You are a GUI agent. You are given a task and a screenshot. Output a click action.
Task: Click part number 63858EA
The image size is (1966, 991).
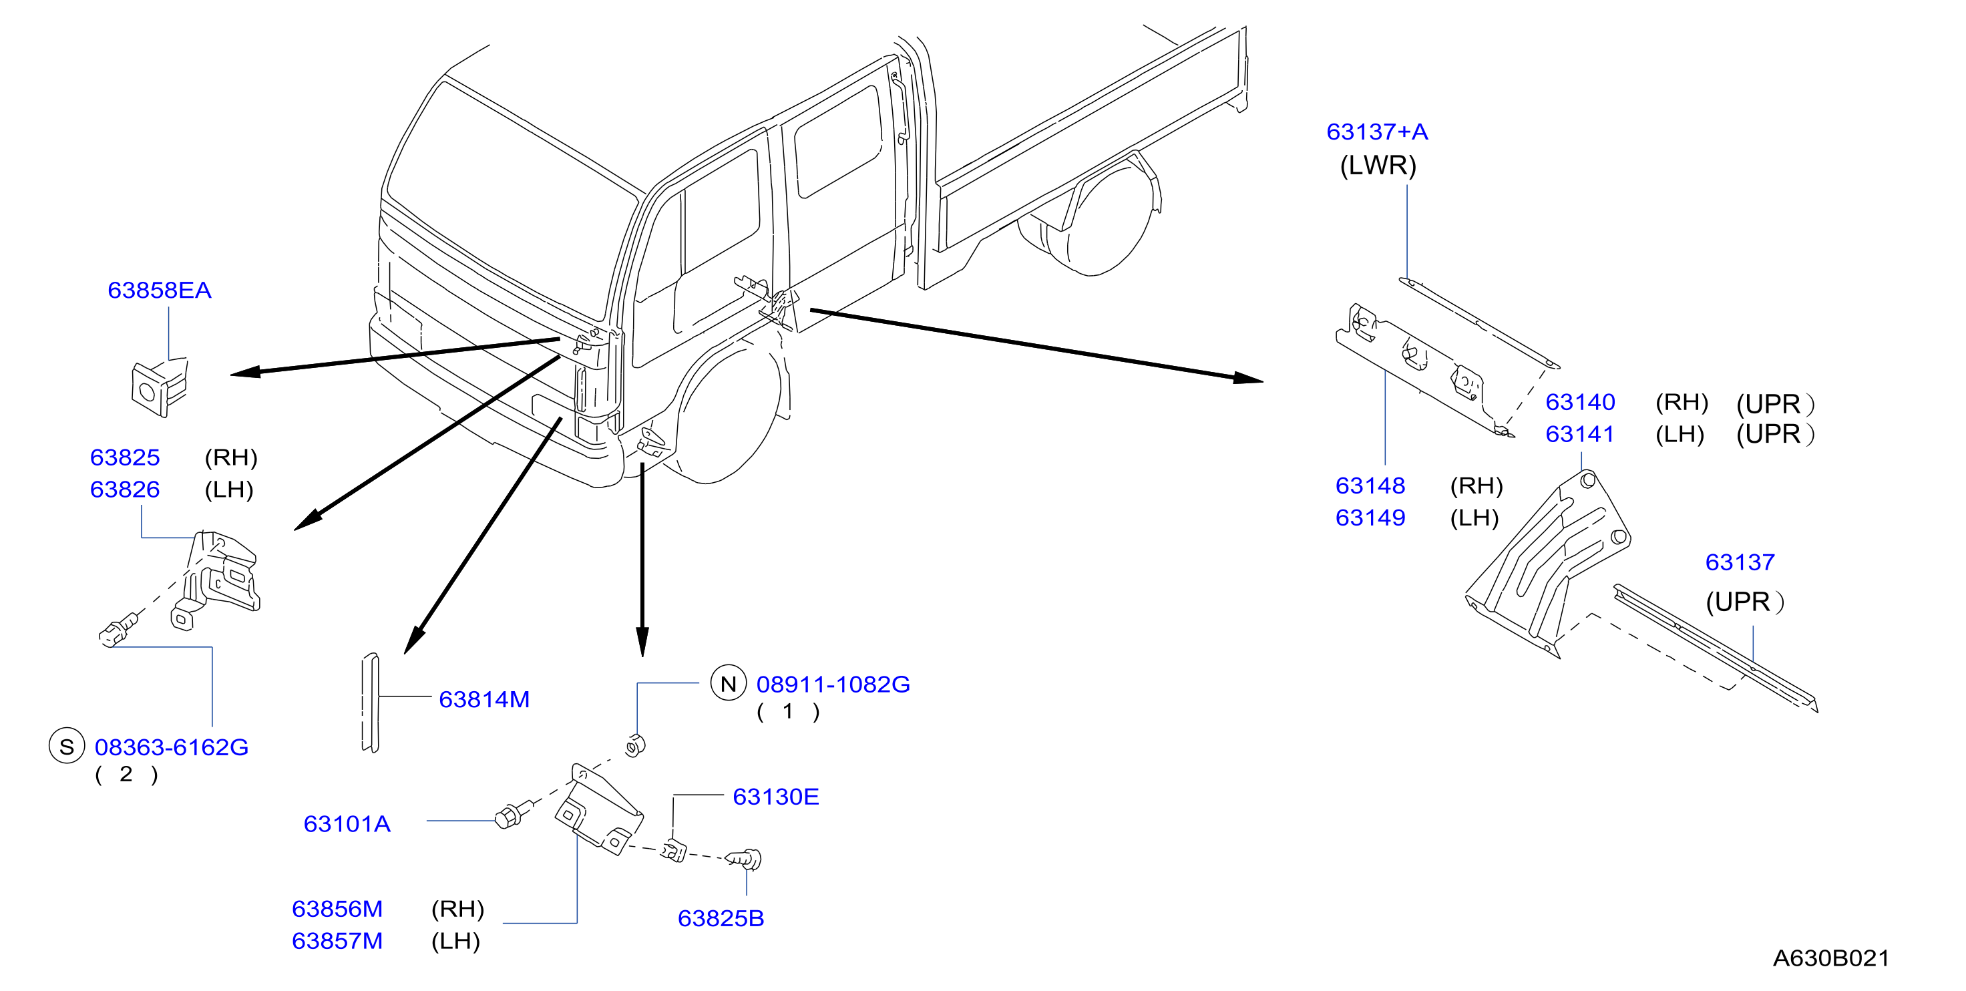(x=160, y=290)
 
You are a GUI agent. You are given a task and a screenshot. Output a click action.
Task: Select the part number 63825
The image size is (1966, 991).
(x=125, y=457)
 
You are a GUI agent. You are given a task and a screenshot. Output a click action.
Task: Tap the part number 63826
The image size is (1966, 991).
(x=125, y=489)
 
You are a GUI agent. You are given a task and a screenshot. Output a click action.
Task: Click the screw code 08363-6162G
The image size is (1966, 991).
(x=172, y=747)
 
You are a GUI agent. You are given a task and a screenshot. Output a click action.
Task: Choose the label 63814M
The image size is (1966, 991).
(x=484, y=699)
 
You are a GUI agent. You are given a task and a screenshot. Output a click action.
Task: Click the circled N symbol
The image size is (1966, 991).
(x=728, y=683)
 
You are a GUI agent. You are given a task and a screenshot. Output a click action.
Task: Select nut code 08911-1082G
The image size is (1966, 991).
(x=833, y=684)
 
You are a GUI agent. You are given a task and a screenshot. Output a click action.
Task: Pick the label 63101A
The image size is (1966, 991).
(x=347, y=824)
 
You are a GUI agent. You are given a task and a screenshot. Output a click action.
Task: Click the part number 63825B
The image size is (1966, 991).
(x=721, y=918)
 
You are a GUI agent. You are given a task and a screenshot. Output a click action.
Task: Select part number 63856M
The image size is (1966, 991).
(x=337, y=910)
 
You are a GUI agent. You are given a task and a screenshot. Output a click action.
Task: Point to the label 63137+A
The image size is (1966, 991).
(x=1378, y=132)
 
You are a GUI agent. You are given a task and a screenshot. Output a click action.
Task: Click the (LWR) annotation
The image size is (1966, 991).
(x=1378, y=166)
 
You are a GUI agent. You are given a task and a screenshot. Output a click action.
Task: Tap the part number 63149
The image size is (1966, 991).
(x=1371, y=518)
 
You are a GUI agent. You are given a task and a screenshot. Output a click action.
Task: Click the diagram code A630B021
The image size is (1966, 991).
(x=1832, y=958)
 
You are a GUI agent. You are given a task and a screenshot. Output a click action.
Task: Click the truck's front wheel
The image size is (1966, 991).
(x=729, y=416)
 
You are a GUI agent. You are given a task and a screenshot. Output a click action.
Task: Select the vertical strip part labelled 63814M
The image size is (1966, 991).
(x=370, y=703)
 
